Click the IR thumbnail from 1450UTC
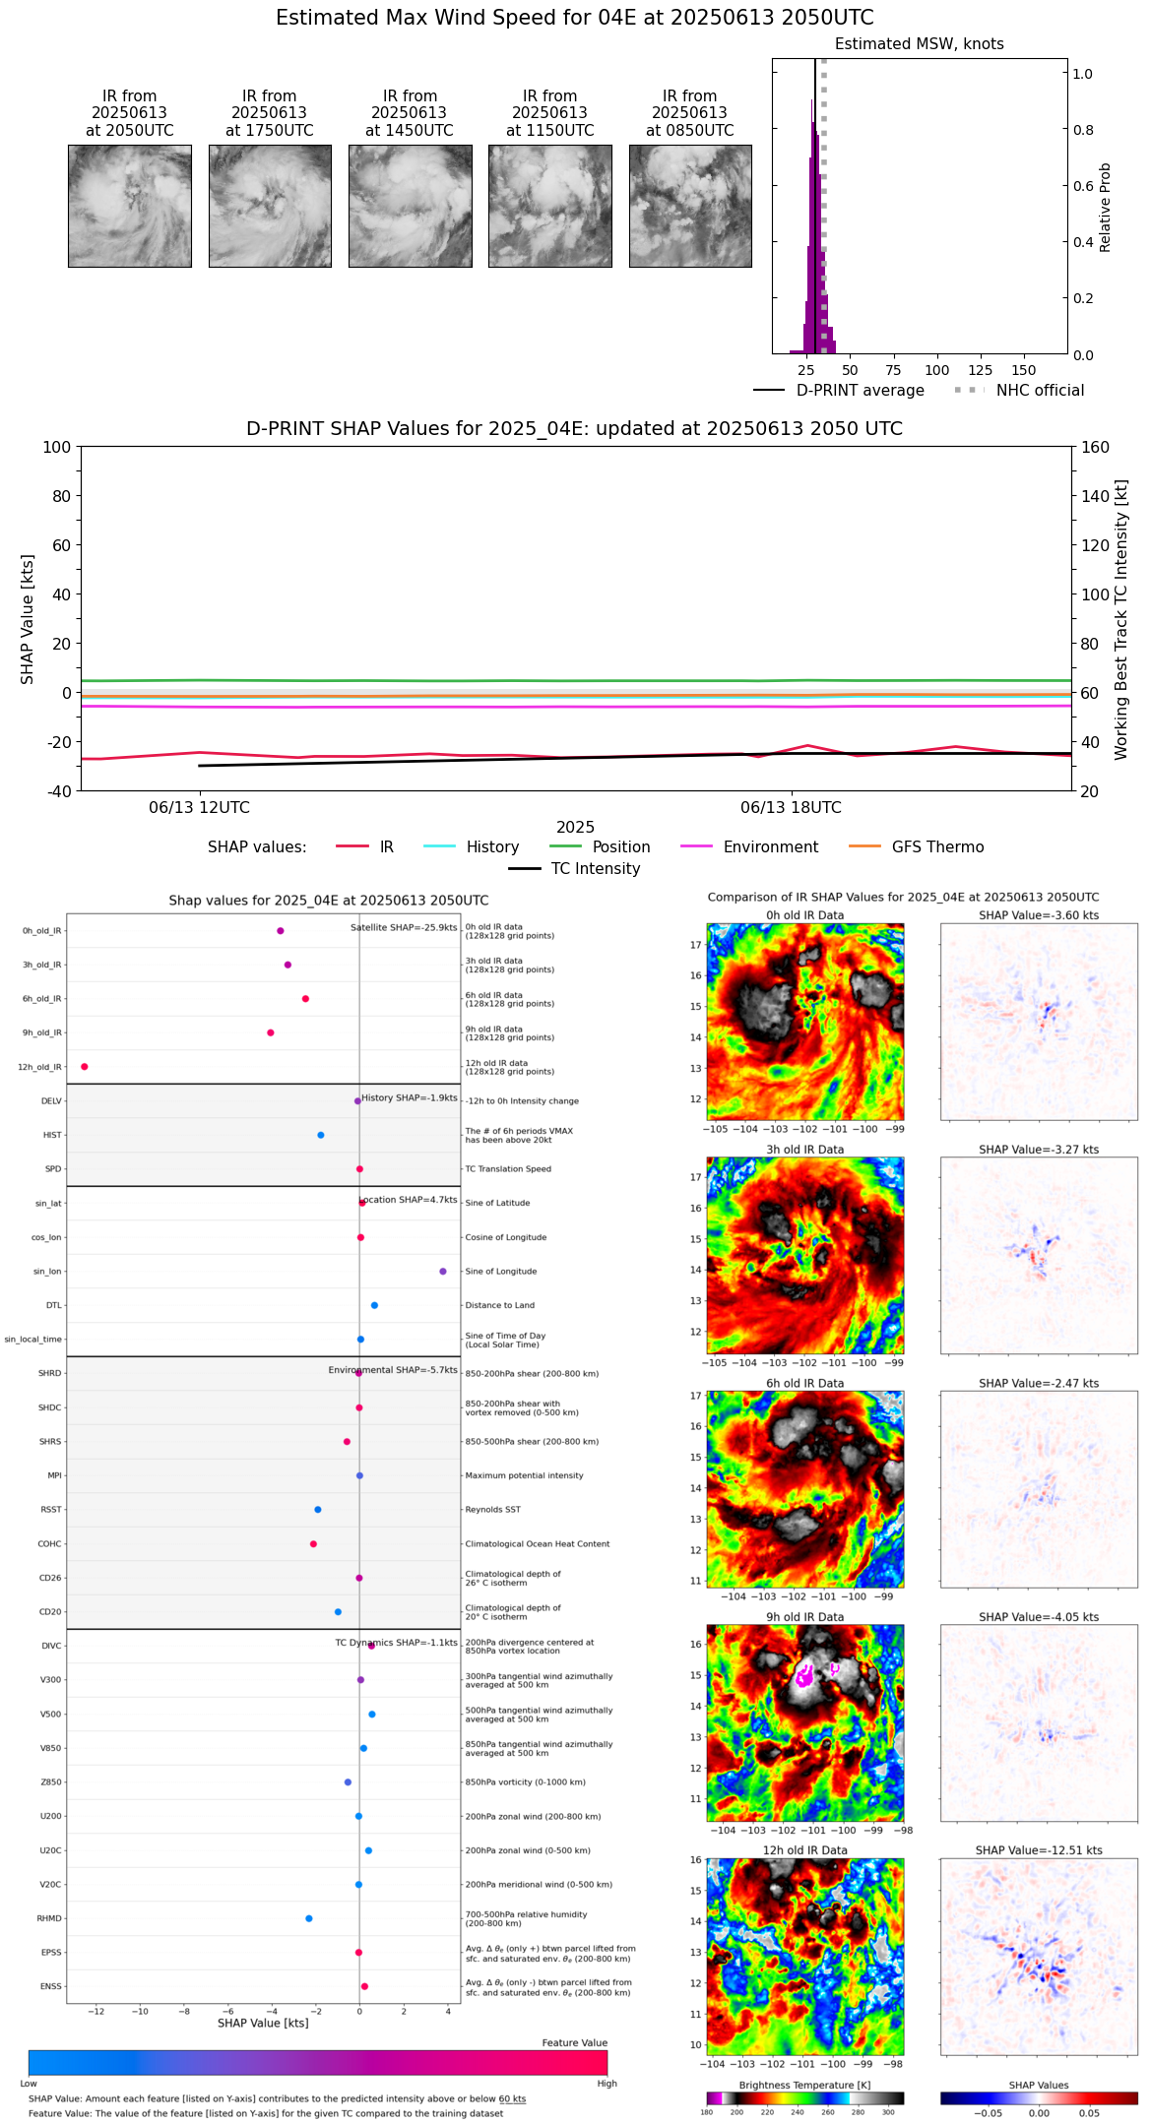(410, 206)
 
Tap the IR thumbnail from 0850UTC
(690, 206)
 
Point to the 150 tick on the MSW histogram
(1024, 370)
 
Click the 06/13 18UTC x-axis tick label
(791, 808)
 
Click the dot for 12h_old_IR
(85, 1067)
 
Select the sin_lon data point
(443, 1272)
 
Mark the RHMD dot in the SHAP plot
(309, 1918)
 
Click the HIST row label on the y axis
(52, 1135)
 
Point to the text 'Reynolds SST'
(492, 1510)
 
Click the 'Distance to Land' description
(499, 1305)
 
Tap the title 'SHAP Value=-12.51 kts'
(1039, 1850)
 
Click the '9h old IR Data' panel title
(804, 1617)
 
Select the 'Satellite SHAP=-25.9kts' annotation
(404, 927)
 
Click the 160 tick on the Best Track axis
(1095, 447)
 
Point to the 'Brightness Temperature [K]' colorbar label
(804, 2086)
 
